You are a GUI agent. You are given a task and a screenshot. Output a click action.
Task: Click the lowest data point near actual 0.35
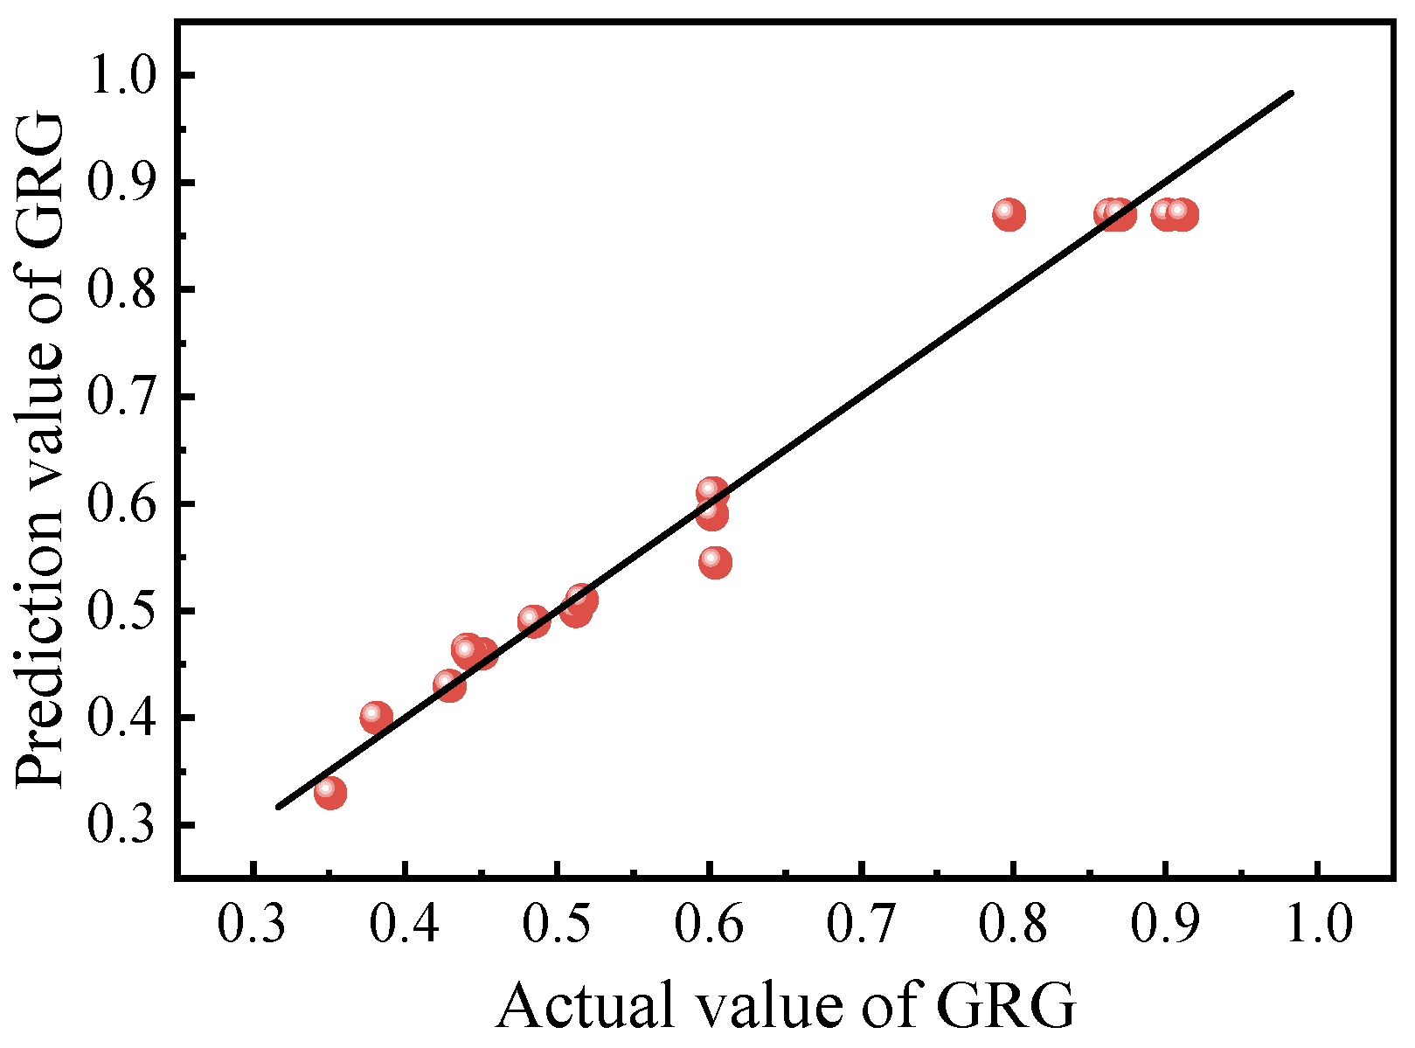[x=329, y=793]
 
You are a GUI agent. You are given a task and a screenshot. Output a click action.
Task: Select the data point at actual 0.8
[x=1009, y=214]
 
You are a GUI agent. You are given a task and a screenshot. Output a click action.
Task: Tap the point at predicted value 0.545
[x=715, y=562]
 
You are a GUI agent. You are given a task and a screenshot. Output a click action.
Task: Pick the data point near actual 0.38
[x=376, y=717]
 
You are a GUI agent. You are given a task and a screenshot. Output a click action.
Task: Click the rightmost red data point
[x=1183, y=214]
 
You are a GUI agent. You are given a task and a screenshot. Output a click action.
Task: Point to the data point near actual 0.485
[x=533, y=621]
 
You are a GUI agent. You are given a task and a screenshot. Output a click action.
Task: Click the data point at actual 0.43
[x=449, y=685]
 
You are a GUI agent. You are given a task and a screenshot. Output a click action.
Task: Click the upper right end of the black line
[x=1291, y=93]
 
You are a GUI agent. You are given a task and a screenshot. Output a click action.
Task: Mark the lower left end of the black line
[x=279, y=806]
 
